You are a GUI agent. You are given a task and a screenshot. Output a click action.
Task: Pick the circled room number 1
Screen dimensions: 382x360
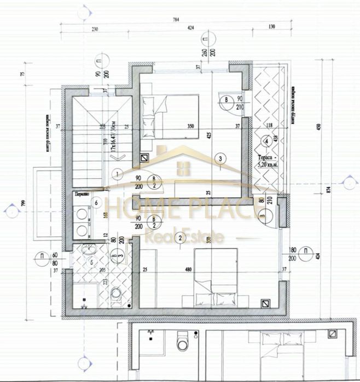click(118, 174)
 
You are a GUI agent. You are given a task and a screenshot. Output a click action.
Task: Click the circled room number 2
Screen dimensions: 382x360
click(180, 237)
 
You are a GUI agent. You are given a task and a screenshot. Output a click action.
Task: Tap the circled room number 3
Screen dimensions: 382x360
click(219, 159)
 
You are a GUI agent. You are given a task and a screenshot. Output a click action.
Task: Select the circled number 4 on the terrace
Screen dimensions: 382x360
click(266, 141)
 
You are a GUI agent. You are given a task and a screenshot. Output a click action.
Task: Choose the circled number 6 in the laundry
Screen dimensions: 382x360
click(96, 203)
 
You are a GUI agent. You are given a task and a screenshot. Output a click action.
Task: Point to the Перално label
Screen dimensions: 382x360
click(82, 194)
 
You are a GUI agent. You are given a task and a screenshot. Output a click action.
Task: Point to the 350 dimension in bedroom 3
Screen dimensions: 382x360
click(191, 126)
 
